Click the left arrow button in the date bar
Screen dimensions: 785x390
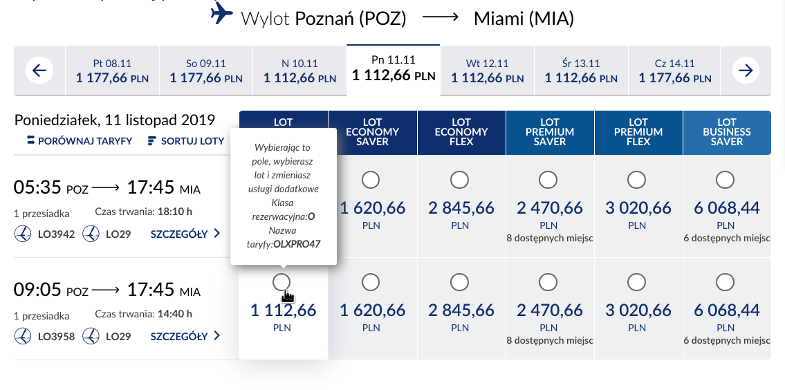[39, 71]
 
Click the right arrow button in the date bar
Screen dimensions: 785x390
[746, 71]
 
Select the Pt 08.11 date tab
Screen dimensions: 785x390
[112, 71]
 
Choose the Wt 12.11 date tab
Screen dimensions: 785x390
[487, 71]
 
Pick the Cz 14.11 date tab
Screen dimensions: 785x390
[674, 71]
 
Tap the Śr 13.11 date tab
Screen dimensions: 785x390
[581, 71]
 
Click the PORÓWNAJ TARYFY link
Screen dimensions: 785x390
[80, 141]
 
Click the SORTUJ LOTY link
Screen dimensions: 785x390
[186, 141]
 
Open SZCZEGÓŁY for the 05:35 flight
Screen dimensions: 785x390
[185, 234]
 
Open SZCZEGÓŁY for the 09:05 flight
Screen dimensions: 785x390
[185, 336]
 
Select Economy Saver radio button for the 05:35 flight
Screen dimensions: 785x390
[371, 180]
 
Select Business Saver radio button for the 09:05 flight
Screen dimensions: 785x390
[725, 282]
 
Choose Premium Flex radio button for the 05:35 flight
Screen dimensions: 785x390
[636, 180]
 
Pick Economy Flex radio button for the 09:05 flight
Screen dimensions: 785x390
[459, 282]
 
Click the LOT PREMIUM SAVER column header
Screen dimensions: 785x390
[550, 132]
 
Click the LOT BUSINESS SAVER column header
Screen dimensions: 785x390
[727, 132]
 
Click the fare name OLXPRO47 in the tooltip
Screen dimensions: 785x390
[297, 245]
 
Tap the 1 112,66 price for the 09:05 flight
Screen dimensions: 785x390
[284, 310]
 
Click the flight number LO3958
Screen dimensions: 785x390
[56, 337]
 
